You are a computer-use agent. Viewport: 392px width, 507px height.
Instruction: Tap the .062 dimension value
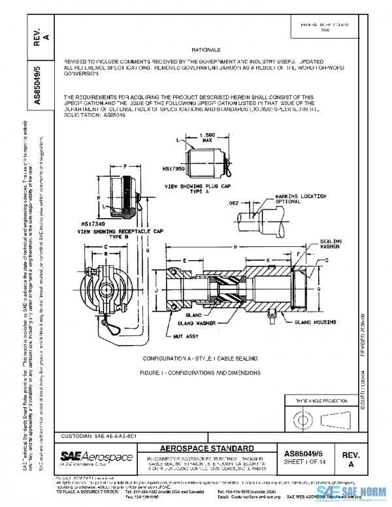click(232, 204)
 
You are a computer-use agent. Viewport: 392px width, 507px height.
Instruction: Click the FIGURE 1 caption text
click(200, 372)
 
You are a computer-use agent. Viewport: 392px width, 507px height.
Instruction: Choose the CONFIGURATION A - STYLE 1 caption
click(200, 359)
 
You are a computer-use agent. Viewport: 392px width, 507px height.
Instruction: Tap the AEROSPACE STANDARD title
click(208, 449)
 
